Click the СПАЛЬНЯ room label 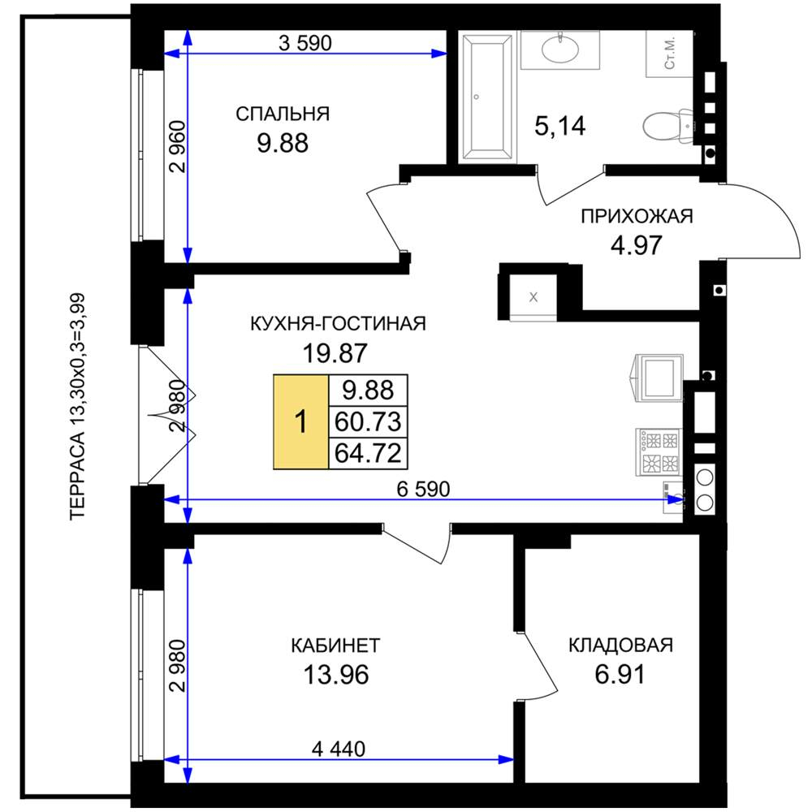pyautogui.click(x=283, y=114)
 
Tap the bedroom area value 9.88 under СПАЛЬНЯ pyautogui.click(x=283, y=143)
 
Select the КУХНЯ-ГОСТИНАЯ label pyautogui.click(x=338, y=324)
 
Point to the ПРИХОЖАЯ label pyautogui.click(x=637, y=216)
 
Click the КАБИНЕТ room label pyautogui.click(x=335, y=646)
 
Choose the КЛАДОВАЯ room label pyautogui.click(x=620, y=646)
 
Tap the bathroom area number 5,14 pyautogui.click(x=559, y=126)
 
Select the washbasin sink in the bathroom pyautogui.click(x=559, y=50)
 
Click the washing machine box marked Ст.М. pyautogui.click(x=670, y=54)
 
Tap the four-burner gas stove pyautogui.click(x=659, y=451)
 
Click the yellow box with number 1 pyautogui.click(x=301, y=421)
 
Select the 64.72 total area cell pyautogui.click(x=368, y=453)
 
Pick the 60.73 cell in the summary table pyautogui.click(x=368, y=421)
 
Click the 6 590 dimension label pyautogui.click(x=423, y=488)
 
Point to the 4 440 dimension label pyautogui.click(x=338, y=749)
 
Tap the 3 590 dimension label pyautogui.click(x=305, y=43)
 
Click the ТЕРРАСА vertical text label pyautogui.click(x=78, y=407)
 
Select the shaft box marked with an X pyautogui.click(x=533, y=296)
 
